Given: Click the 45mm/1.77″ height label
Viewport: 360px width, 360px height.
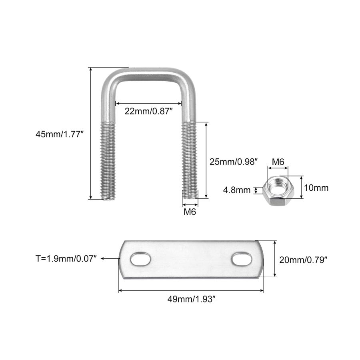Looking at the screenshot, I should [59, 135].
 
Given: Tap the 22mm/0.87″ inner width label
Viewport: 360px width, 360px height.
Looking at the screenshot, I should [148, 111].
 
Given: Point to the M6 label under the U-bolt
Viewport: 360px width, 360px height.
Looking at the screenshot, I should [190, 212].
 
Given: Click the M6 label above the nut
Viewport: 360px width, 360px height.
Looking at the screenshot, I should [278, 162].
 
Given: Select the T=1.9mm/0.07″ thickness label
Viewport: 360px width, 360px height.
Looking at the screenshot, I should [66, 259].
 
